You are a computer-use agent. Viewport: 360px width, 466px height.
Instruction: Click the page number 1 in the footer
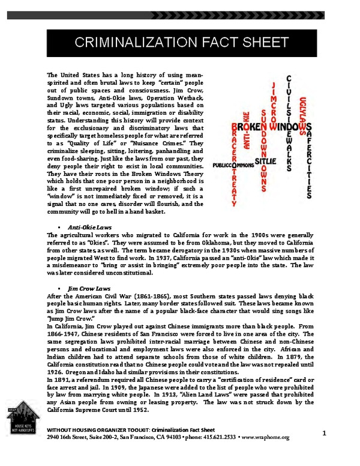click(x=323, y=434)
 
